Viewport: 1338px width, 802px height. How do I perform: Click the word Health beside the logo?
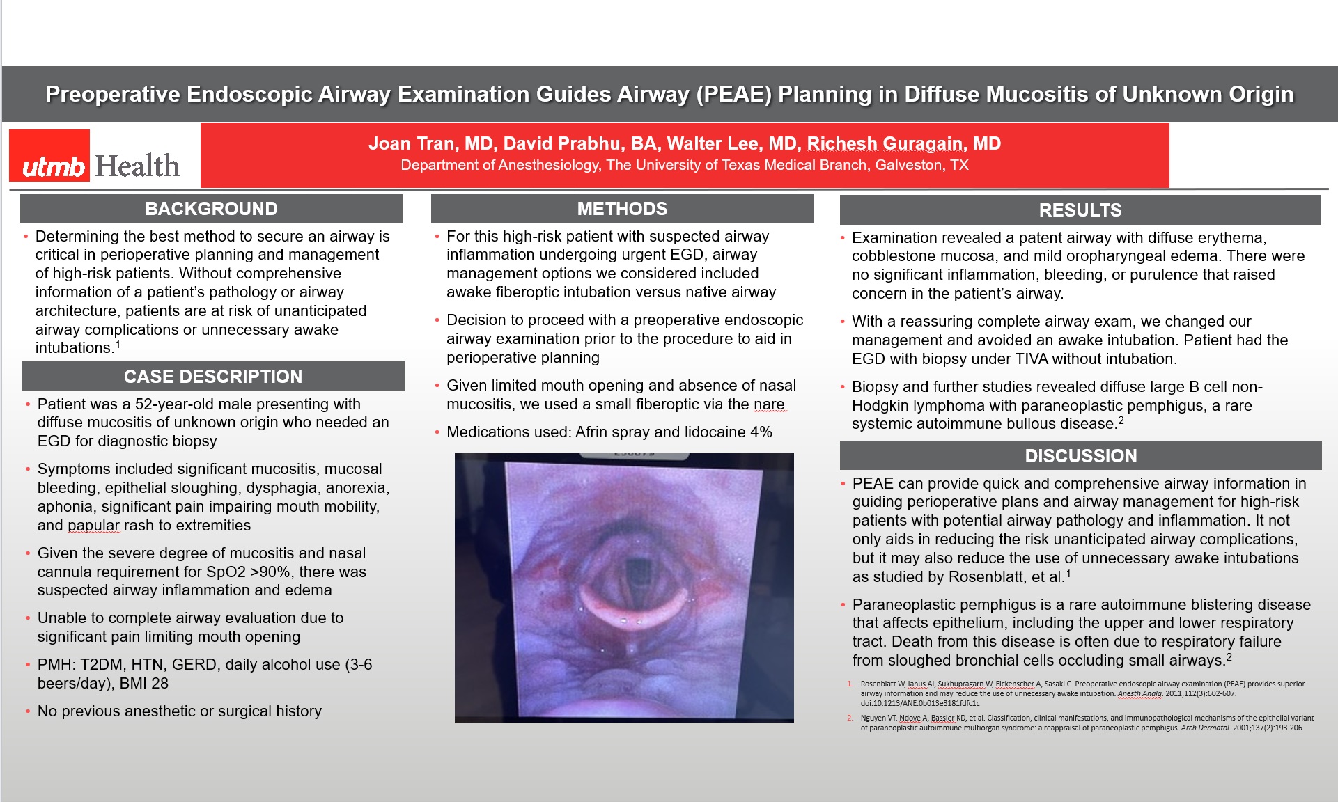(x=137, y=166)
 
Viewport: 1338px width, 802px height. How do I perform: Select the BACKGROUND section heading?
(x=211, y=209)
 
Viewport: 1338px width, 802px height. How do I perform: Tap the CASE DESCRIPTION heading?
(x=213, y=377)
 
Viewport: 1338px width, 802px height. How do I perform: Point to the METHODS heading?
(x=622, y=209)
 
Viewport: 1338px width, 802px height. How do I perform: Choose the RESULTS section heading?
(x=1080, y=210)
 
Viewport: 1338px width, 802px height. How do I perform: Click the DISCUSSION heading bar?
(x=1080, y=456)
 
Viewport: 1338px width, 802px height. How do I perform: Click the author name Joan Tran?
(x=411, y=144)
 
